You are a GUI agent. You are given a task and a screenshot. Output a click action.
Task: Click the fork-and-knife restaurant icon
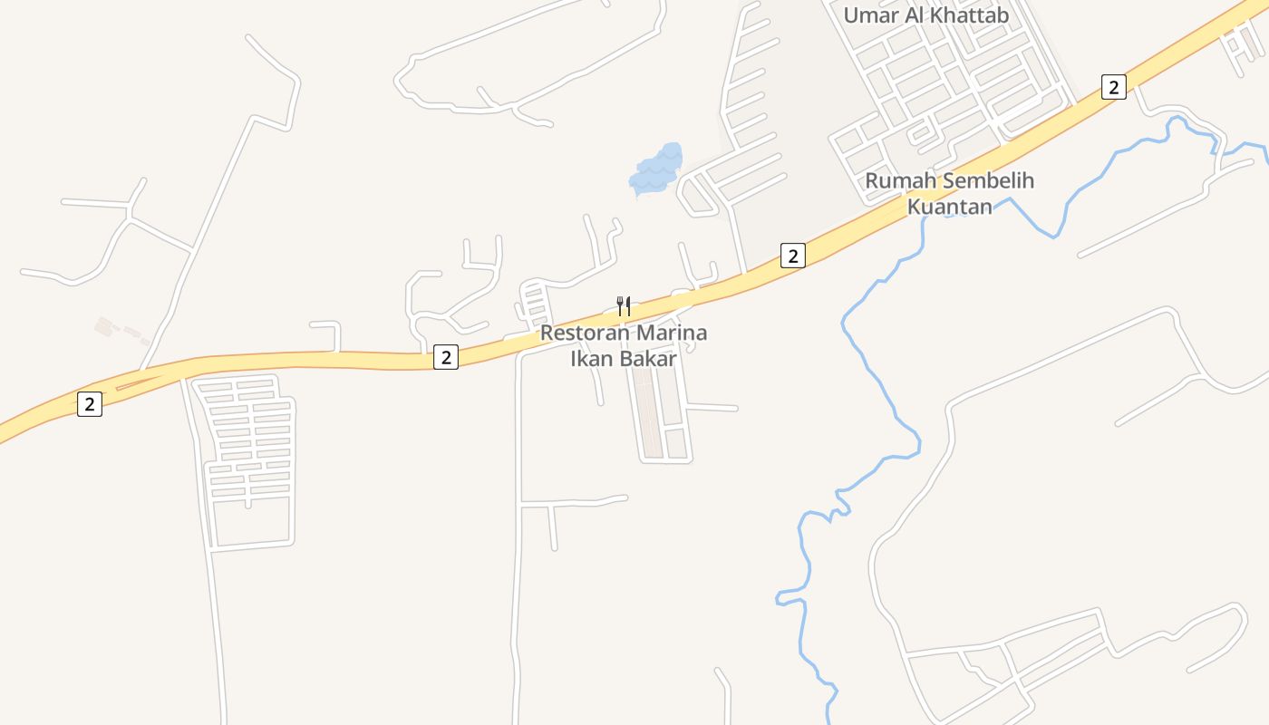[624, 305]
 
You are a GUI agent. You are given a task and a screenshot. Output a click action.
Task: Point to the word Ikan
[591, 358]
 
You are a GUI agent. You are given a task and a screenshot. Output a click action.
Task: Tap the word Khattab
[973, 14]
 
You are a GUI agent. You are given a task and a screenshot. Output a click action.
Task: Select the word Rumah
[897, 180]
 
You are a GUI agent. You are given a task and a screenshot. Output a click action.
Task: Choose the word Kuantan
[950, 206]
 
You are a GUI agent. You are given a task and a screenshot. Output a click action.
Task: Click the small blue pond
[657, 169]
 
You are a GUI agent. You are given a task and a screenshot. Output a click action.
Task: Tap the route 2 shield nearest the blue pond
[792, 256]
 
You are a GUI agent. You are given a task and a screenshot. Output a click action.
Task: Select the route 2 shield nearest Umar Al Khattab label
[1114, 87]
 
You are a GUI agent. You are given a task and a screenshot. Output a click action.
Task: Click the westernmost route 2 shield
[89, 404]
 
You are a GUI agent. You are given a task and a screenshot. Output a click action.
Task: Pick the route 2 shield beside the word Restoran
[445, 357]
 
